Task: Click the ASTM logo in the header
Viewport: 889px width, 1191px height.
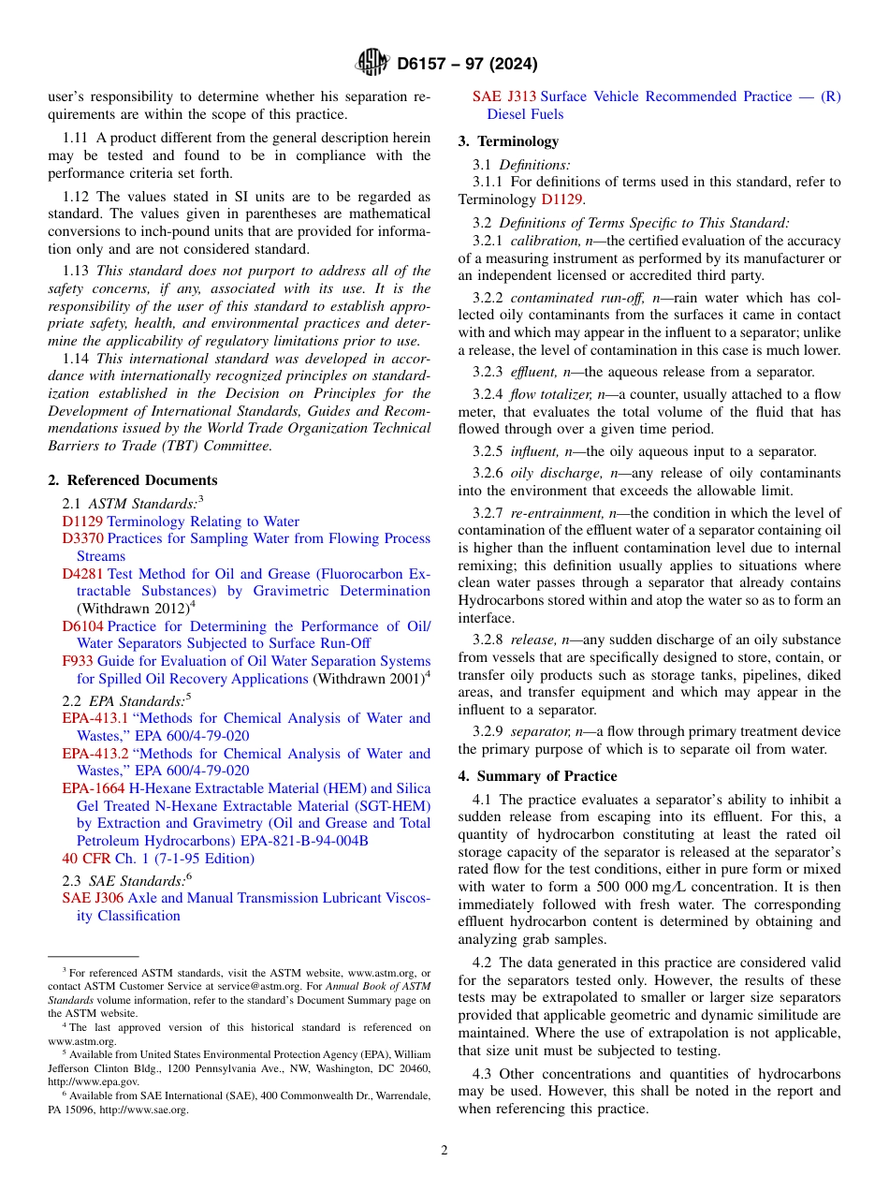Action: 372,64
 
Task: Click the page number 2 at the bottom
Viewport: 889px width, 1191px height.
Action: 444,1150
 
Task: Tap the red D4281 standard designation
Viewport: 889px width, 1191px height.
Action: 82,574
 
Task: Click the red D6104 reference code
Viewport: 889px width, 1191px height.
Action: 82,626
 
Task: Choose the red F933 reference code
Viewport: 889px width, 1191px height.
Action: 75,661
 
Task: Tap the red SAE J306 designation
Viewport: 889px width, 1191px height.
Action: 90,898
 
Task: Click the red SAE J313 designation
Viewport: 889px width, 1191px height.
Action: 504,96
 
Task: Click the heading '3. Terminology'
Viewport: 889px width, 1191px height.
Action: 508,141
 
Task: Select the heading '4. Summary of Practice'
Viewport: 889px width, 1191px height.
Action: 537,776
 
